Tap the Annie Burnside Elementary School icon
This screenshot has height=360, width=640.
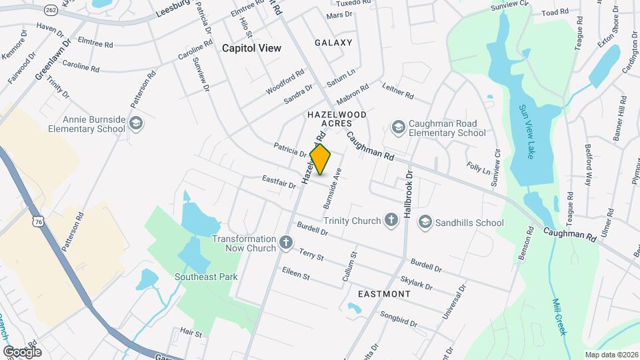tap(137, 123)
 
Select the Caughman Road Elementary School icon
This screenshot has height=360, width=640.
tap(398, 127)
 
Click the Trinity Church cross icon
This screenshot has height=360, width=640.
tap(394, 221)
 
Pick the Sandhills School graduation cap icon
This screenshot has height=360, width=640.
tap(425, 221)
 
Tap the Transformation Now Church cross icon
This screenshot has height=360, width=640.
tap(286, 243)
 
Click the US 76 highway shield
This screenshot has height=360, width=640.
tap(37, 221)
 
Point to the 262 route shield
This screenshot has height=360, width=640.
tap(51, 10)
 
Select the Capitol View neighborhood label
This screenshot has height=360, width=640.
tap(251, 48)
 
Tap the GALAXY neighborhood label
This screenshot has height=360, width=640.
tap(333, 43)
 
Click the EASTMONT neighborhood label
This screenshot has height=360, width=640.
tap(384, 293)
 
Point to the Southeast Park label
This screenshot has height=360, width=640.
tap(206, 277)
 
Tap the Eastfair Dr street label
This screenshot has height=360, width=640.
tap(279, 181)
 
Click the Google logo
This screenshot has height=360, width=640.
tap(22, 351)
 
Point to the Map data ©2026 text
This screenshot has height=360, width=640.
tap(611, 355)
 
